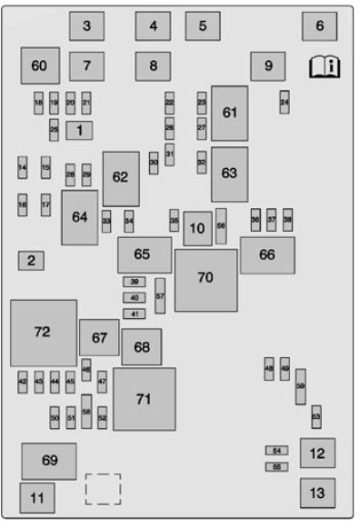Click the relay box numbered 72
(43, 333)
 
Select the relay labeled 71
(144, 399)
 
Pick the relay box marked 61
(229, 113)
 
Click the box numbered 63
(229, 174)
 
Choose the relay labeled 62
(121, 178)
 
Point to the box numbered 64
(80, 217)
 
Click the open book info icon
(324, 65)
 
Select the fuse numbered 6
(319, 26)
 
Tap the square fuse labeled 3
(86, 26)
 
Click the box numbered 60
(39, 65)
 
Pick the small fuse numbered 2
(31, 262)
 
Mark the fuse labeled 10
(197, 228)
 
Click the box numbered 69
(48, 461)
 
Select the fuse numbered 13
(316, 493)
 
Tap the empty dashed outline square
(103, 489)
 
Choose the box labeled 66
(266, 255)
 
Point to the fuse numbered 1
(80, 131)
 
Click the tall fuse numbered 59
(300, 386)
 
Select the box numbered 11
(36, 498)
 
